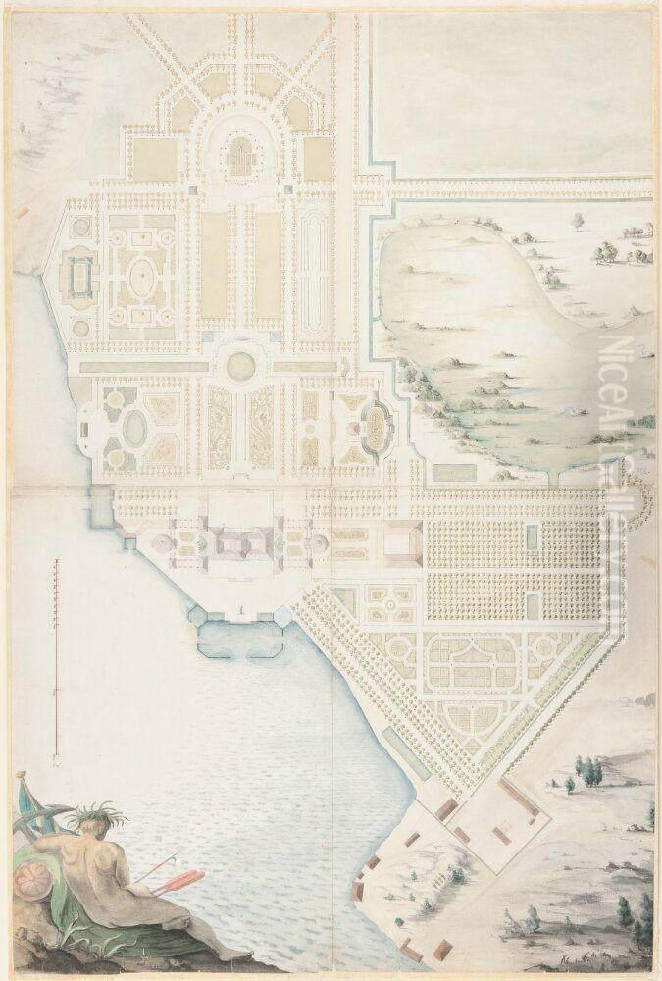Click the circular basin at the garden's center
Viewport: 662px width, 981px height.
click(x=240, y=366)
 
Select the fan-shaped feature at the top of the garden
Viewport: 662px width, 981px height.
click(x=240, y=155)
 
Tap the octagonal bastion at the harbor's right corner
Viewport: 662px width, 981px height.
click(x=285, y=617)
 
